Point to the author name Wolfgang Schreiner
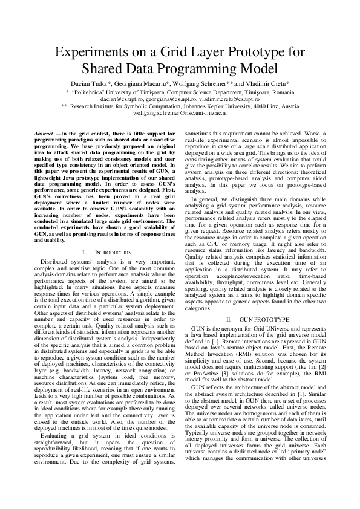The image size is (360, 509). pos(200,82)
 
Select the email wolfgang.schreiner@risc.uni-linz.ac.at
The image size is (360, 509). pos(180,112)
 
